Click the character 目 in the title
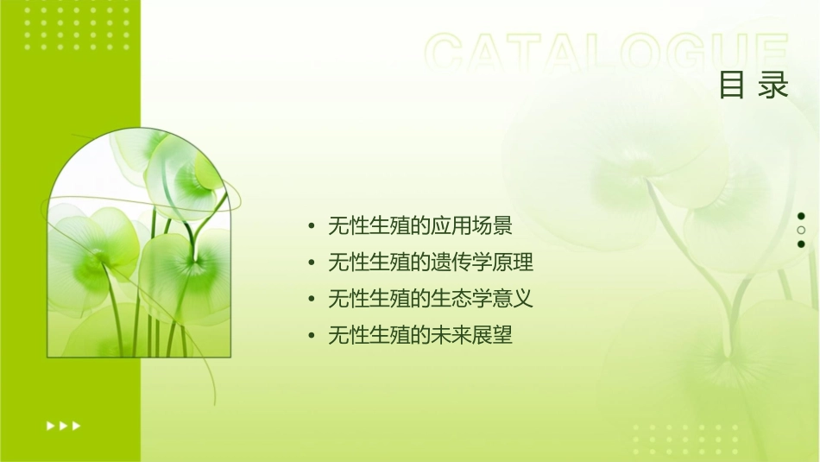click(x=732, y=85)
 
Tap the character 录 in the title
click(x=774, y=85)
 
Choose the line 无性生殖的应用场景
click(x=420, y=226)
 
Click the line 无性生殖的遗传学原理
click(x=431, y=263)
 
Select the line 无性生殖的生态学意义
click(x=431, y=299)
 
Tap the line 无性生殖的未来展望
click(x=420, y=335)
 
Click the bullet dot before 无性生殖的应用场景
click(x=312, y=227)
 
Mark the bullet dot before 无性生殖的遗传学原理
click(x=312, y=263)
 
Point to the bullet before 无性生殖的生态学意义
click(x=312, y=300)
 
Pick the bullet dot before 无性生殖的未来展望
click(x=312, y=336)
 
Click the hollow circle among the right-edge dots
click(x=801, y=231)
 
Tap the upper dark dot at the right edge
click(x=801, y=216)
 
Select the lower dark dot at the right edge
click(x=801, y=244)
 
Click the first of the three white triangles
click(x=50, y=425)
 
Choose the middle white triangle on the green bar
click(x=63, y=425)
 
